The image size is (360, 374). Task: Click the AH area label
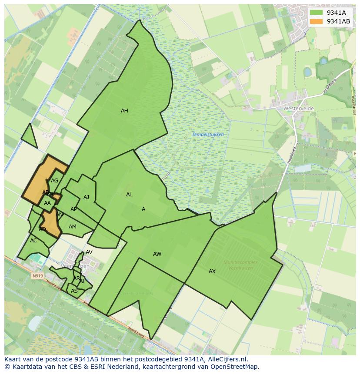[124, 111]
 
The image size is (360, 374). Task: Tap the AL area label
[129, 195]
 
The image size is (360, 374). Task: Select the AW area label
[157, 254]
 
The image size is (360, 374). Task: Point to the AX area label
[212, 271]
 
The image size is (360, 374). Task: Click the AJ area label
[86, 197]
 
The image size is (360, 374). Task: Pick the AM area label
[73, 227]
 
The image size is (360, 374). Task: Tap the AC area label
[33, 241]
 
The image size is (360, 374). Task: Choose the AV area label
[89, 252]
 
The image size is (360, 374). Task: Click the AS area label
[74, 291]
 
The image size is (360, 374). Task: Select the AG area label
[54, 181]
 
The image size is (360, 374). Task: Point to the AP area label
[73, 209]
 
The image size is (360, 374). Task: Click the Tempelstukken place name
[208, 135]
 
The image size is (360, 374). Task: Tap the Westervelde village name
[298, 108]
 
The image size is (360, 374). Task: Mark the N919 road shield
[38, 275]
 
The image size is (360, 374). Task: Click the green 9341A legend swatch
[316, 13]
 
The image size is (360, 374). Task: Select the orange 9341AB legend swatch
[316, 21]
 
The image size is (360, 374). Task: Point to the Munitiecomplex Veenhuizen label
[240, 265]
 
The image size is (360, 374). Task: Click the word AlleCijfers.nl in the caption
[227, 359]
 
